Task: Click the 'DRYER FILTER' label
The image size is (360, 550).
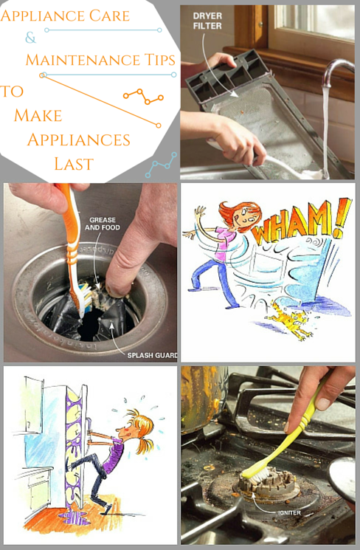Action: pyautogui.click(x=207, y=21)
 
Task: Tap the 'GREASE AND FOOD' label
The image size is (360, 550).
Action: pyautogui.click(x=102, y=224)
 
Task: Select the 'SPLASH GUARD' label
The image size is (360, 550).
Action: pyautogui.click(x=152, y=355)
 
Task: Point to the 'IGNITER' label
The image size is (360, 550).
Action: pyautogui.click(x=289, y=513)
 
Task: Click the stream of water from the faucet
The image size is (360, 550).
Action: pyautogui.click(x=325, y=130)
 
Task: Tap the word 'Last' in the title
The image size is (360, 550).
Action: pyautogui.click(x=74, y=164)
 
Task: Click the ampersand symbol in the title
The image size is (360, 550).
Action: pyautogui.click(x=30, y=37)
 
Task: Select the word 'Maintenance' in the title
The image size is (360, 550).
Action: pyautogui.click(x=83, y=60)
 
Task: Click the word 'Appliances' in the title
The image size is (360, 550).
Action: pyautogui.click(x=79, y=140)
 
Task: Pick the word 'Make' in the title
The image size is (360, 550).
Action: pyautogui.click(x=38, y=115)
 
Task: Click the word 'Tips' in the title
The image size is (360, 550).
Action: pyautogui.click(x=159, y=60)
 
